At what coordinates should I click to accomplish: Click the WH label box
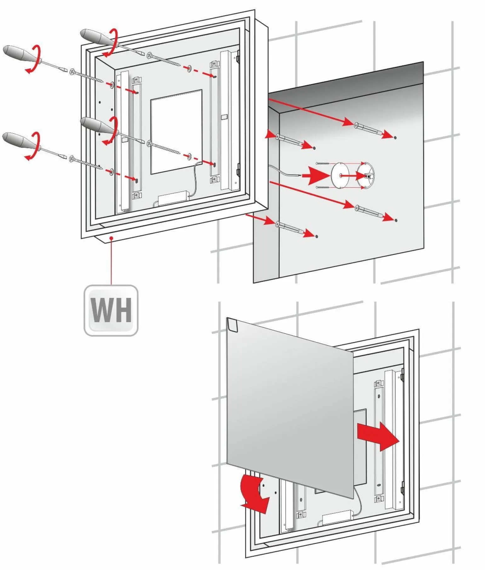111,310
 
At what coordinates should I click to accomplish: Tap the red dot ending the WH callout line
111,238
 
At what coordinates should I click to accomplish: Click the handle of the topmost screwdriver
95,37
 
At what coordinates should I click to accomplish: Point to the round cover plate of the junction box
340,175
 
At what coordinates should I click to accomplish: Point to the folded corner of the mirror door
232,324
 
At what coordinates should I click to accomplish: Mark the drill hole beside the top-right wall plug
395,137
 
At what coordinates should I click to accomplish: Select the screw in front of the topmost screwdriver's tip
164,60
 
